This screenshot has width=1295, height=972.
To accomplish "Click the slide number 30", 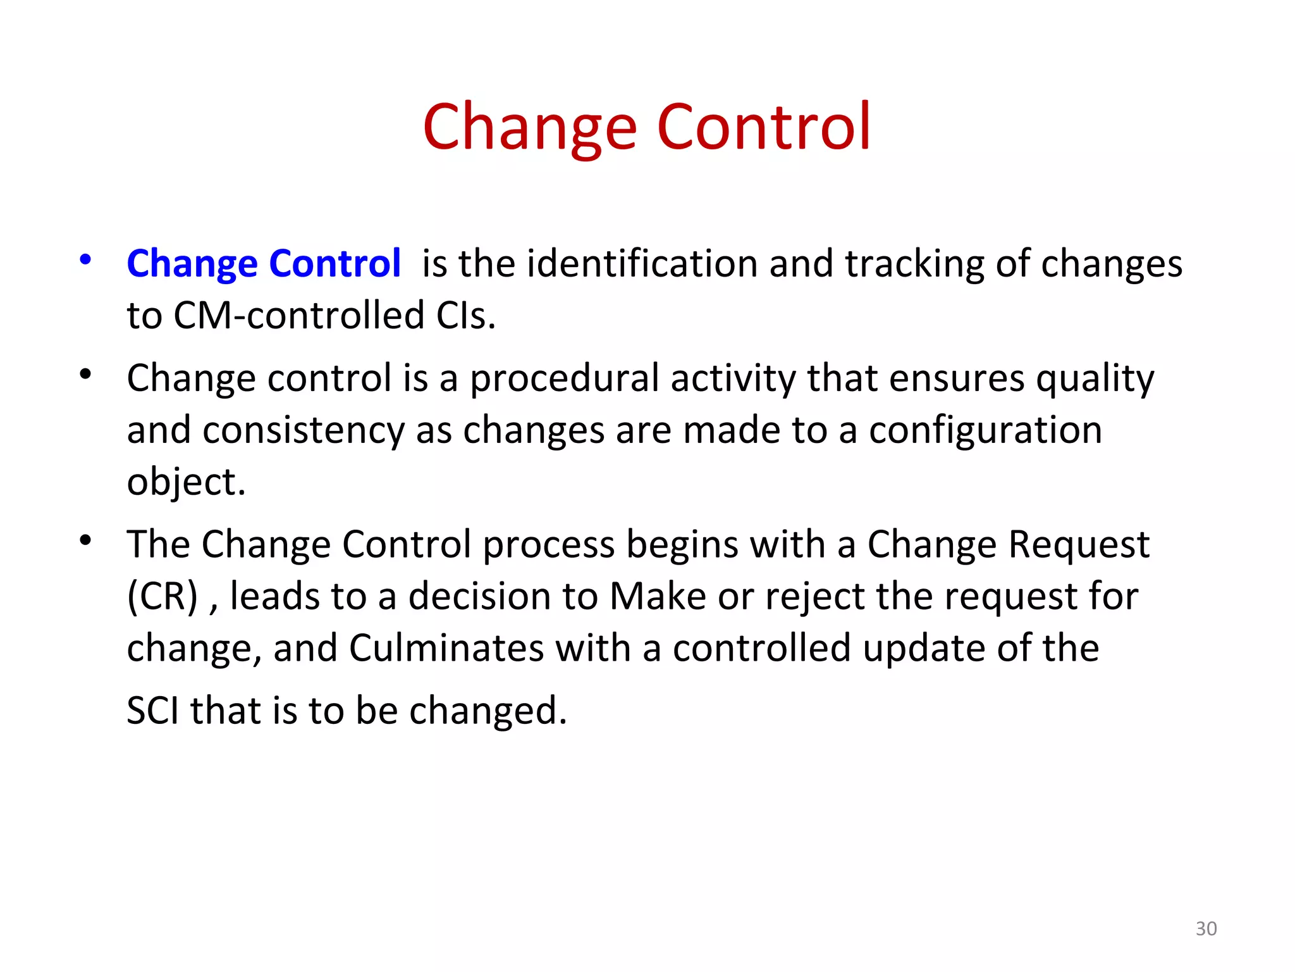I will click(1206, 928).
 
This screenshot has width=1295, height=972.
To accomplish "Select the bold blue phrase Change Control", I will click(264, 263).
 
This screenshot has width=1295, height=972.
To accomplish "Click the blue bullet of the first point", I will click(85, 259).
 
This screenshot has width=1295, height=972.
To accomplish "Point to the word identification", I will click(641, 263).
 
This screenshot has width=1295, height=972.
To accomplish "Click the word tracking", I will click(914, 263).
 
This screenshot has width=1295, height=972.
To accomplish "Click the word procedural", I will click(564, 378).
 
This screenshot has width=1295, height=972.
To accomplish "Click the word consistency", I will click(304, 430).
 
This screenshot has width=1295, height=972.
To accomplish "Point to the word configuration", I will click(985, 430).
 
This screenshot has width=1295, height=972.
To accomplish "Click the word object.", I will click(186, 482).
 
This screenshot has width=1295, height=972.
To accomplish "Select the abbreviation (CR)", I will click(163, 596).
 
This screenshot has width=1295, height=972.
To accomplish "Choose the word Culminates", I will click(446, 648).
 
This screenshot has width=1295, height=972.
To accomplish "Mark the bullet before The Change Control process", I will click(85, 540).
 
